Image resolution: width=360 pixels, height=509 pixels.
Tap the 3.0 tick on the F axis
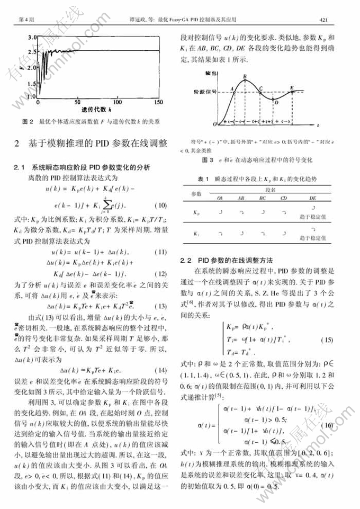pyautogui.click(x=31, y=37)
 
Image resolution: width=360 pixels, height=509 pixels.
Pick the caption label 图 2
pyautogui.click(x=28, y=122)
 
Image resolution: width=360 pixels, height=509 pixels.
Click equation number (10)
pyautogui.click(x=159, y=205)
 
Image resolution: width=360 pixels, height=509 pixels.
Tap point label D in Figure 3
pyautogui.click(x=276, y=103)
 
